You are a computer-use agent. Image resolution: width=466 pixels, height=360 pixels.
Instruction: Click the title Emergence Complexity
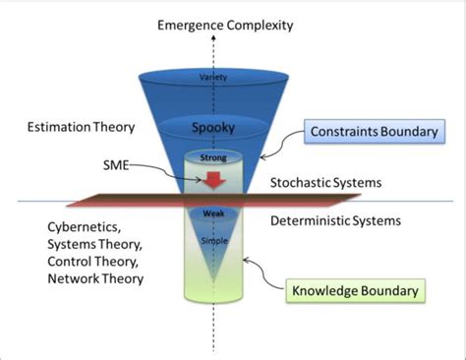(x=225, y=25)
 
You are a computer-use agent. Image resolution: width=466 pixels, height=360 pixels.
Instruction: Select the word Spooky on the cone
(x=213, y=128)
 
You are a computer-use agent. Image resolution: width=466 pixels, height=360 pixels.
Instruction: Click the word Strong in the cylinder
(x=213, y=154)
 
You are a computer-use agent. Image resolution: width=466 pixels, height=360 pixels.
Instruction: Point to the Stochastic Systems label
(x=324, y=183)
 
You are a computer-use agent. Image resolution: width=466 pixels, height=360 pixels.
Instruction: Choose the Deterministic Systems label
(x=334, y=221)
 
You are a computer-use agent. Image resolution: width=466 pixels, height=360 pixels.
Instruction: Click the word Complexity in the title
(x=259, y=25)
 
